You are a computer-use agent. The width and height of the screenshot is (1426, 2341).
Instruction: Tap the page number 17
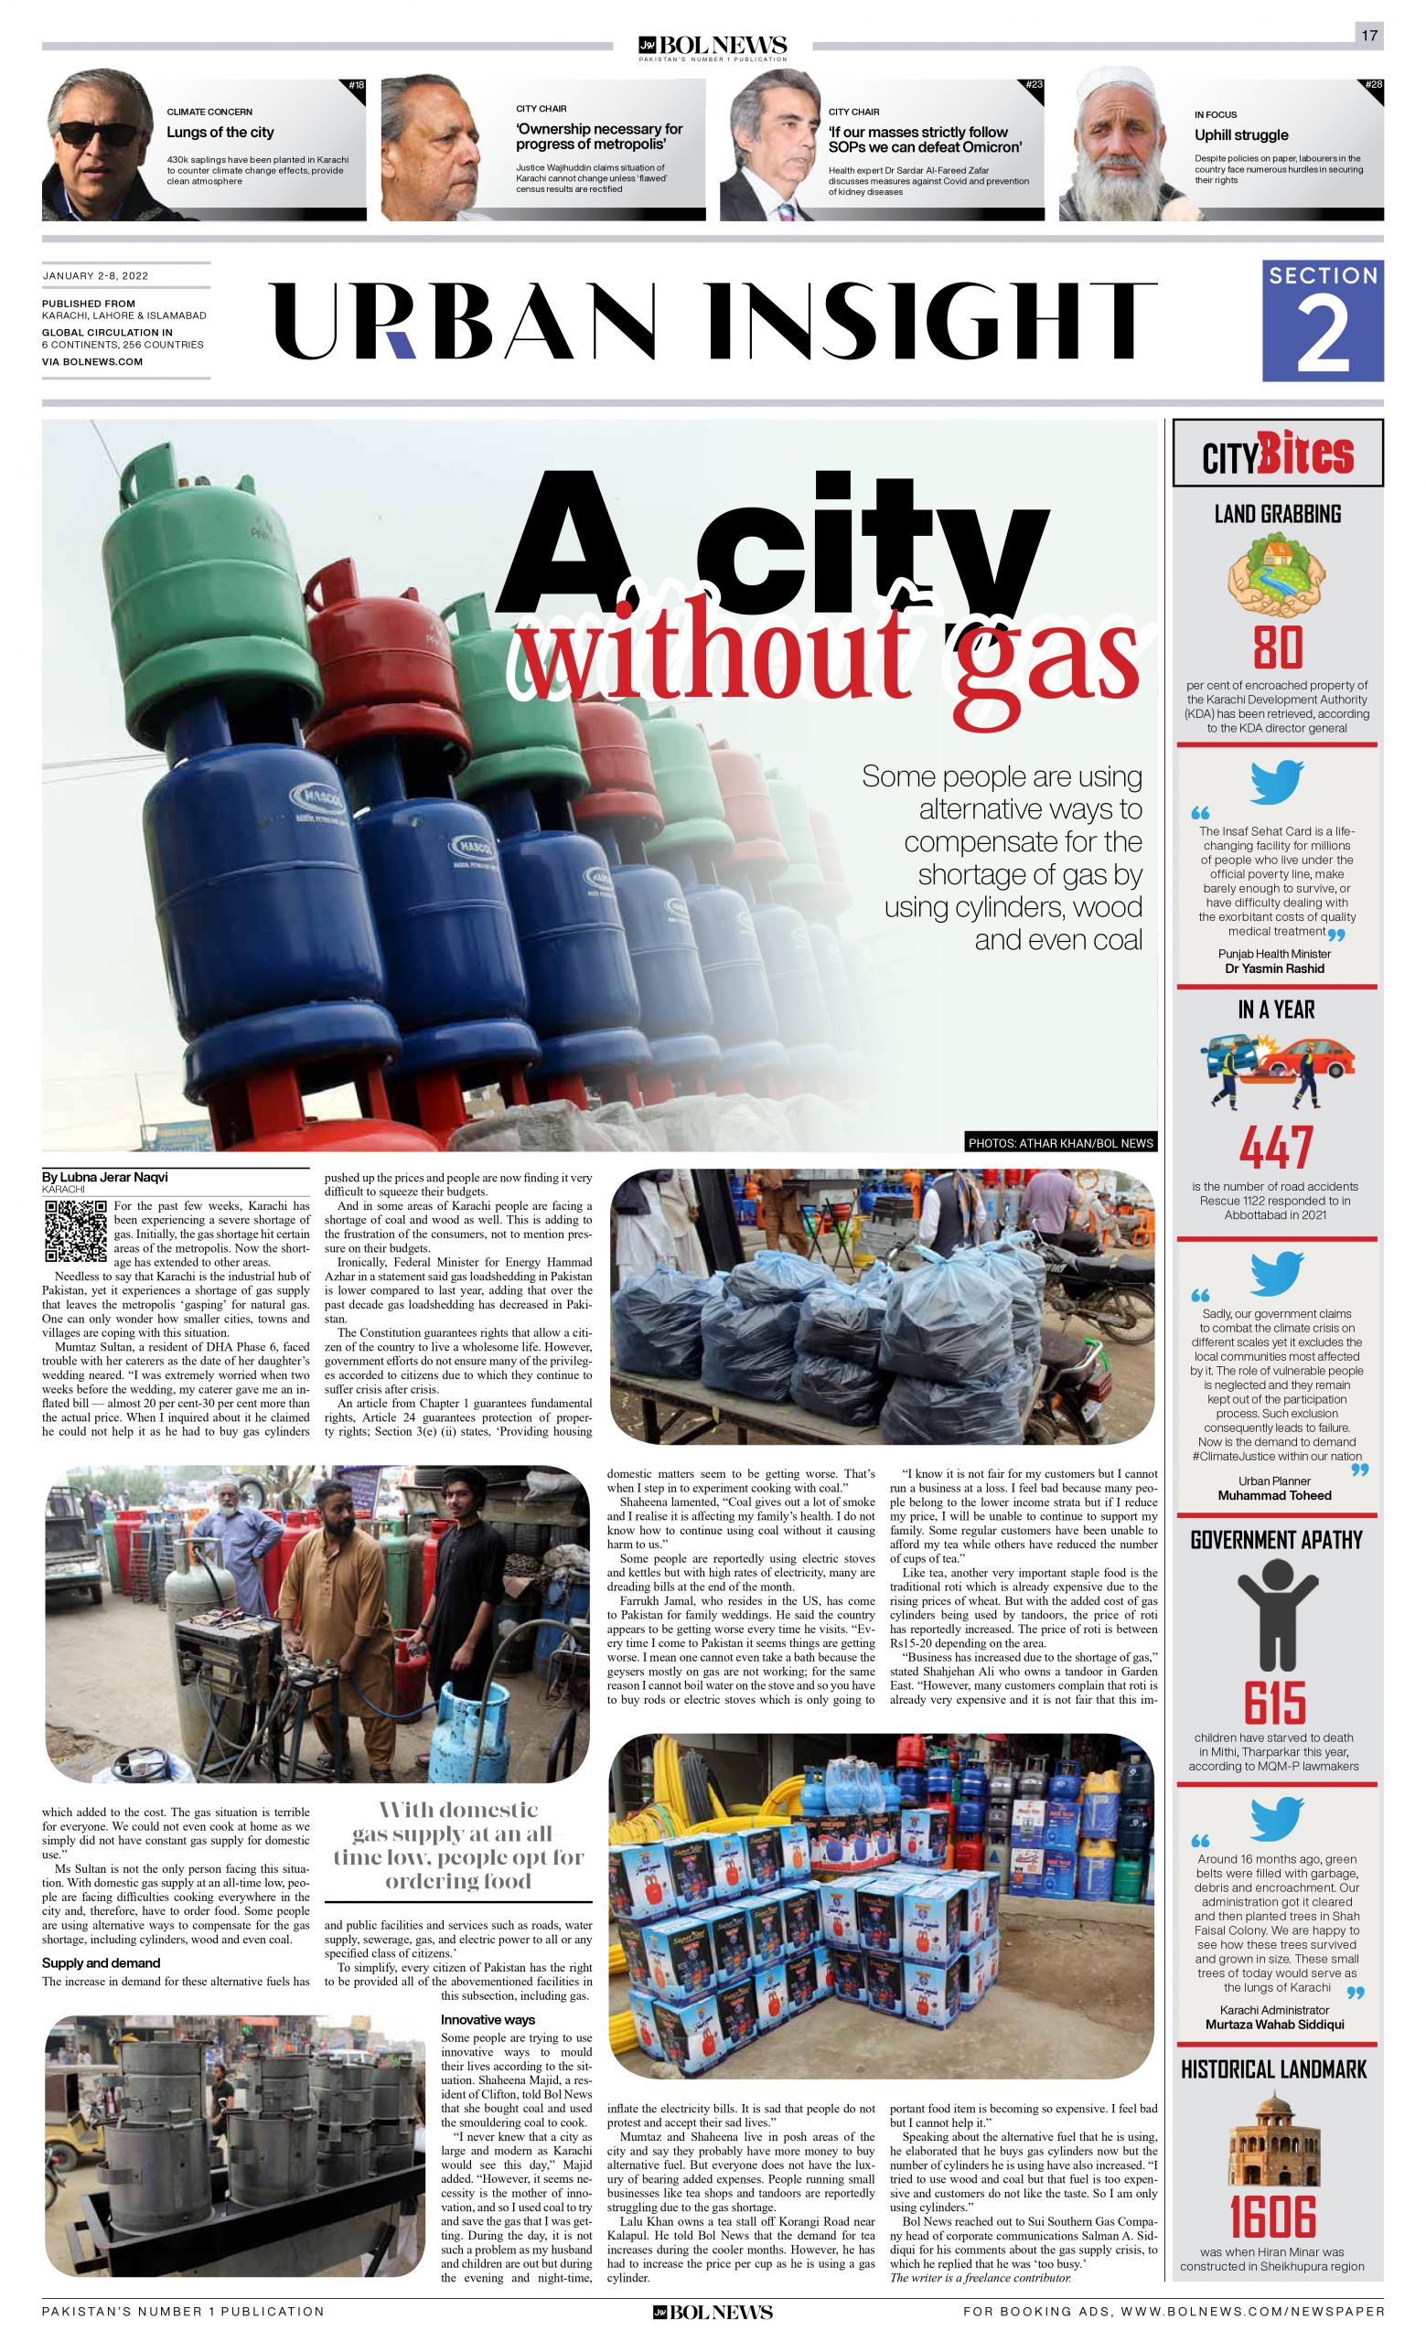tap(1368, 36)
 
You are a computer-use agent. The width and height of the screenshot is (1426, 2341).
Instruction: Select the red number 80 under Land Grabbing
tap(1277, 649)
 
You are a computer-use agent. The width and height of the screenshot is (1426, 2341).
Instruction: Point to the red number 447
tap(1277, 1149)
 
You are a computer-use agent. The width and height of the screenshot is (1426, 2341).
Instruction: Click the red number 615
tap(1276, 1703)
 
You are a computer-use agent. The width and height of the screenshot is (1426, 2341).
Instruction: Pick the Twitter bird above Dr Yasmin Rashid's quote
tap(1277, 783)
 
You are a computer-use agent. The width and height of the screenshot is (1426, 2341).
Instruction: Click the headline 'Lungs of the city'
tap(220, 132)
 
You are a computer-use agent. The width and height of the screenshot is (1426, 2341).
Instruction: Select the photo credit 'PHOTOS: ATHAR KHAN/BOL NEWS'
tap(1061, 1143)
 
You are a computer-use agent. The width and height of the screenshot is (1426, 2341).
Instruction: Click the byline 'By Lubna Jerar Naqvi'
tap(104, 1177)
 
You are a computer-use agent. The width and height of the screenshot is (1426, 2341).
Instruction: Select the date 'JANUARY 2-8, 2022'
tap(95, 275)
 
